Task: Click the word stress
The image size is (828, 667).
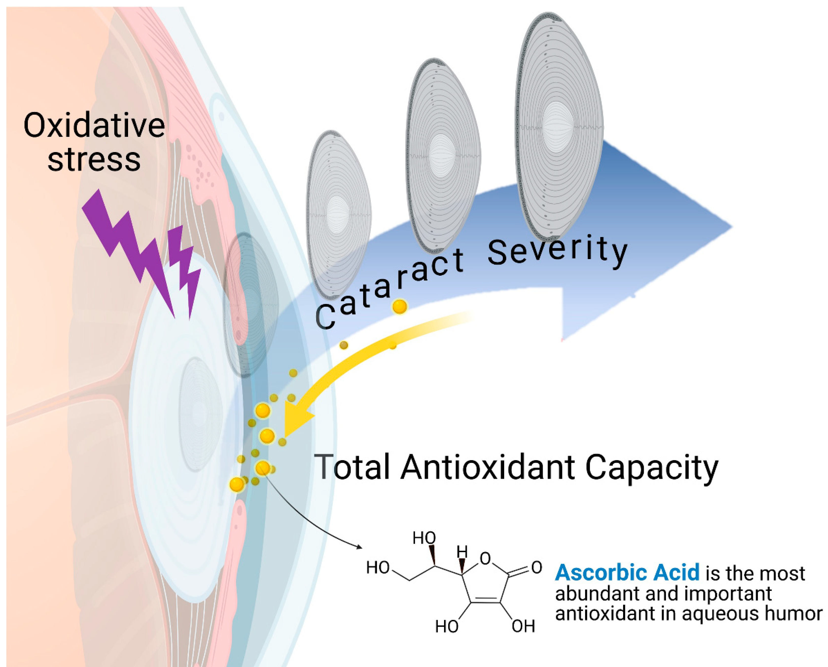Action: click(x=94, y=159)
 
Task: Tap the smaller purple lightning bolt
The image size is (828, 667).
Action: click(x=185, y=269)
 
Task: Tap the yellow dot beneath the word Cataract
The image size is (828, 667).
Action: click(x=399, y=306)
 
